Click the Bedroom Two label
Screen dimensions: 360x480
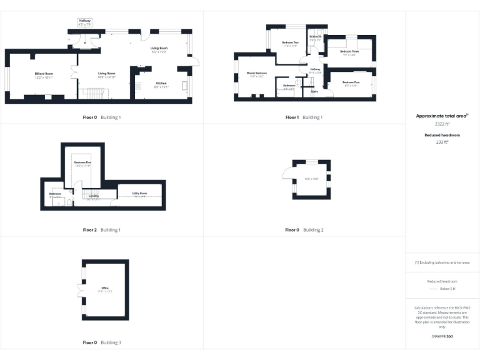[291, 44]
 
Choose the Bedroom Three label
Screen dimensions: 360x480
[349, 52]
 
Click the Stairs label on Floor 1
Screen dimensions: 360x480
[314, 91]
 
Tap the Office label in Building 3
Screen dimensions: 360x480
[104, 289]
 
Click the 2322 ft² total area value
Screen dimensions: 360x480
[442, 124]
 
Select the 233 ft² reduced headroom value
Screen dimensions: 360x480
[442, 142]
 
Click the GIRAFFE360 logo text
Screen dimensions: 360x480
[442, 336]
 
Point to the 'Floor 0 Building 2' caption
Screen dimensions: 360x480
[304, 230]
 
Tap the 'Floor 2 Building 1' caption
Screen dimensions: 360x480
[102, 230]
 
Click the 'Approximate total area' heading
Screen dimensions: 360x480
[441, 116]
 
